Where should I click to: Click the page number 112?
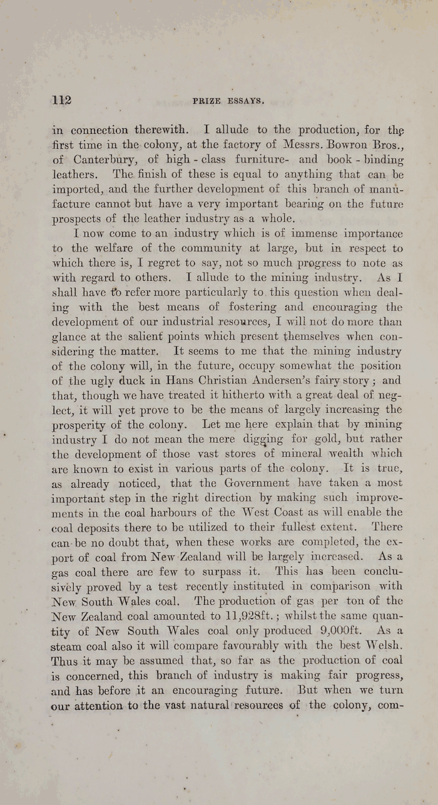62,100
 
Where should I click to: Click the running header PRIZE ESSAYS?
230,101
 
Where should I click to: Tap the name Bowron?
329,145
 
